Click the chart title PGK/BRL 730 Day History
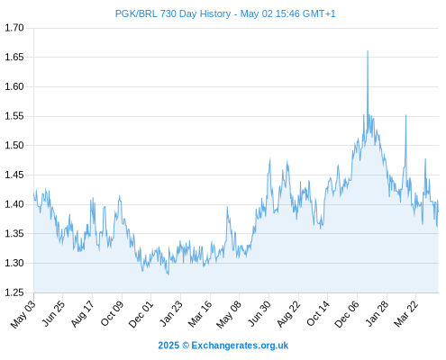pyautogui.click(x=173, y=13)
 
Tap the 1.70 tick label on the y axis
pyautogui.click(x=14, y=28)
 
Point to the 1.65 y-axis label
pyautogui.click(x=14, y=57)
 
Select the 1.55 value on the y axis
pyautogui.click(x=14, y=116)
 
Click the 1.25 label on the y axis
pyautogui.click(x=14, y=292)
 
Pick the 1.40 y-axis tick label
pyautogui.click(x=14, y=204)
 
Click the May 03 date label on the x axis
pyautogui.click(x=23, y=314)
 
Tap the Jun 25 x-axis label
pyautogui.click(x=53, y=313)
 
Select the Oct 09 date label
pyautogui.click(x=112, y=313)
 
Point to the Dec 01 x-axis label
pyautogui.click(x=141, y=314)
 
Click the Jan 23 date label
pyautogui.click(x=171, y=313)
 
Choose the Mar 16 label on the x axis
pyautogui.click(x=200, y=314)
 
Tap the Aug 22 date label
pyautogui.click(x=288, y=314)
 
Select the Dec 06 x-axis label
pyautogui.click(x=347, y=314)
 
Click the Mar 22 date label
pyautogui.click(x=406, y=314)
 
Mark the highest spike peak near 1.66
pyautogui.click(x=368, y=51)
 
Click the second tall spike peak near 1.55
pyautogui.click(x=406, y=115)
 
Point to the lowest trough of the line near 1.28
pyautogui.click(x=168, y=274)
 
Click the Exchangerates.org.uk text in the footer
pyautogui.click(x=240, y=346)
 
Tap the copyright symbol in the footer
pyautogui.click(x=186, y=346)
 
